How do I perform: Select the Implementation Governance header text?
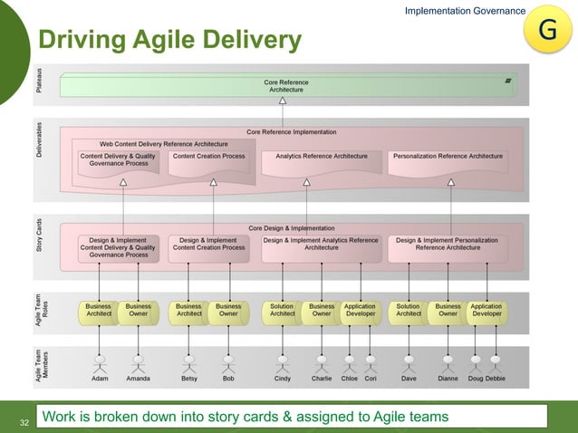coord(464,11)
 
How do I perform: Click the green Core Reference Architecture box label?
coord(286,86)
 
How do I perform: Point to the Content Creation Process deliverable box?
coord(209,157)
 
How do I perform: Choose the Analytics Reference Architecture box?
coord(322,157)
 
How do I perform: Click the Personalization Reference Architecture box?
coord(448,157)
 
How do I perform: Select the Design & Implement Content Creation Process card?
coord(209,244)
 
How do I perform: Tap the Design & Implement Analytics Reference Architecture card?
coord(321,244)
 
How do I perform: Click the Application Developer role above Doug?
coord(486,311)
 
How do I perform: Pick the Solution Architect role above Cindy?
coord(283,311)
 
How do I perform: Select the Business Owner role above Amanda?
coord(138,311)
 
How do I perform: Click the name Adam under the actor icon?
coord(100,379)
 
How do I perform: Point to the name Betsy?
coord(189,379)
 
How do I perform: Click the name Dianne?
coord(448,379)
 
